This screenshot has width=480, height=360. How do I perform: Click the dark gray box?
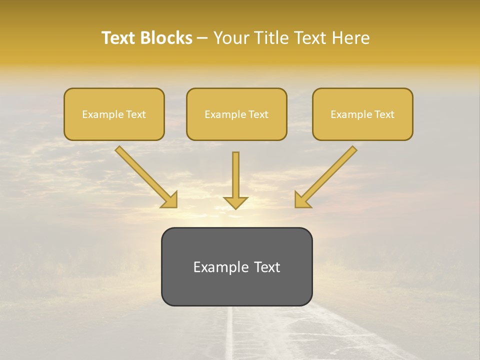coord(236,290)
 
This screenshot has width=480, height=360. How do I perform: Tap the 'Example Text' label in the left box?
coord(114,114)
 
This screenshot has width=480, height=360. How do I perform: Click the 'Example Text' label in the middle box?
coord(236,114)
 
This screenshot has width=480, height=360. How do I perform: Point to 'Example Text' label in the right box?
coord(362,114)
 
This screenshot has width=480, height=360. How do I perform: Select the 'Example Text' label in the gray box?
coord(236,267)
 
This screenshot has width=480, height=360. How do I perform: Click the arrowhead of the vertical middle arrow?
coord(235,202)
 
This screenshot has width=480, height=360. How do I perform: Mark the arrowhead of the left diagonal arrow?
coord(170,200)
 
